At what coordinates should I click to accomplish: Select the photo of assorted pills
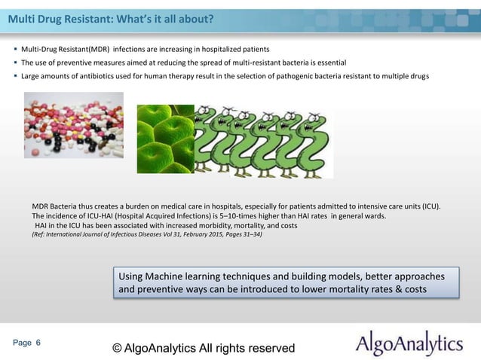point(73,125)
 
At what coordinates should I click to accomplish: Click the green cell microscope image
point(165,139)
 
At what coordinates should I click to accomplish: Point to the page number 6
point(38,343)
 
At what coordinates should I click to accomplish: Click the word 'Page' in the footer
point(22,343)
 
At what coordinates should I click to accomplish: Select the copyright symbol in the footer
point(117,348)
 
